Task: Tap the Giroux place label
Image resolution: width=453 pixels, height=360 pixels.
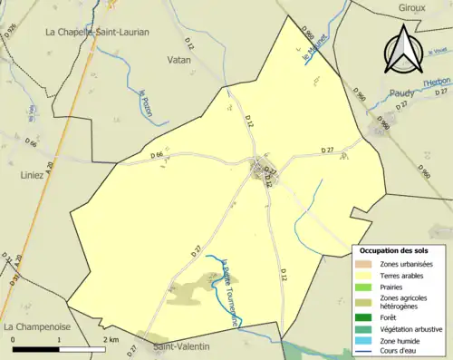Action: [413, 7]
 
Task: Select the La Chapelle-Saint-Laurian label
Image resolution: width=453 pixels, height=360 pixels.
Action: [97, 32]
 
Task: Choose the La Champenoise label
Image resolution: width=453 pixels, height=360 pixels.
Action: [36, 325]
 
